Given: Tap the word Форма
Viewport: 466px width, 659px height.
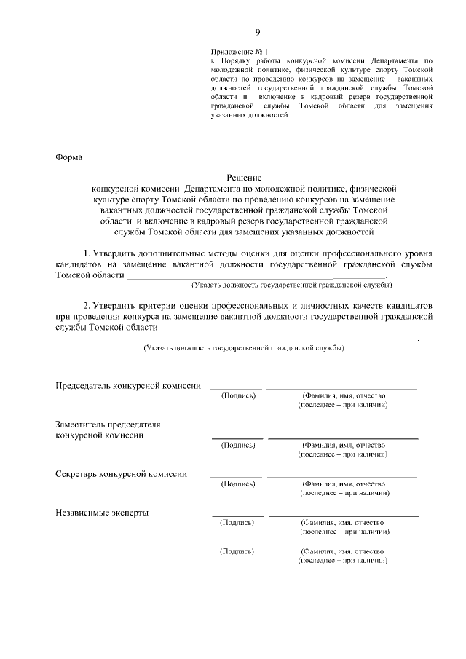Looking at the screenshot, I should (x=69, y=157).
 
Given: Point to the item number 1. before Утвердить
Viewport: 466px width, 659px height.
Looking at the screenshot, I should (x=87, y=253).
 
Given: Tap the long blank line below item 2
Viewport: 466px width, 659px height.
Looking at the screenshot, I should (x=237, y=340).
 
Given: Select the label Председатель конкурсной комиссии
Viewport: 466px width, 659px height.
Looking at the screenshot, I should (x=129, y=385).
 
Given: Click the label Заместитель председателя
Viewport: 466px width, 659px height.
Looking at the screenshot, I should (x=108, y=424).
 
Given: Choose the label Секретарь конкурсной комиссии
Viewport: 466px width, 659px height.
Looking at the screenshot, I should (x=121, y=473).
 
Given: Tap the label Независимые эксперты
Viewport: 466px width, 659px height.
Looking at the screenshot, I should (x=102, y=512).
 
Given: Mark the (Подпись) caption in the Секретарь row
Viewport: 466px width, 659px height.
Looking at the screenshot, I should (x=237, y=484).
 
